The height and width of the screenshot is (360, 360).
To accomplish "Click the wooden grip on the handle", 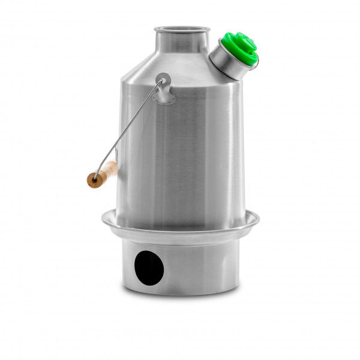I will pyautogui.click(x=103, y=173).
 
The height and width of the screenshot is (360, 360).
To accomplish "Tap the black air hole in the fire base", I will pyautogui.click(x=149, y=267).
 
